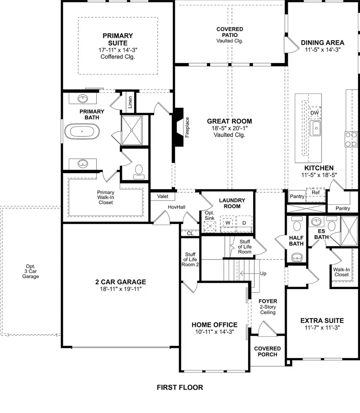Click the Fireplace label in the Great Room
click(187, 128)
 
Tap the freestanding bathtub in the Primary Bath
click(81, 131)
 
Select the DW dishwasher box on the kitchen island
click(314, 113)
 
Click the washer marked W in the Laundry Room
click(228, 222)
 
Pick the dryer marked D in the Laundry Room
click(244, 222)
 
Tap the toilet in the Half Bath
click(296, 225)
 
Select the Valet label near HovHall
click(163, 197)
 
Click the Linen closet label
click(130, 103)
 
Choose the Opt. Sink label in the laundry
click(210, 215)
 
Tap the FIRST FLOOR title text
click(180, 387)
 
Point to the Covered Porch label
click(268, 351)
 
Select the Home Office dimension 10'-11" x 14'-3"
click(214, 332)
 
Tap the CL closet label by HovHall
click(190, 233)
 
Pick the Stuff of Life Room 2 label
click(190, 259)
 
